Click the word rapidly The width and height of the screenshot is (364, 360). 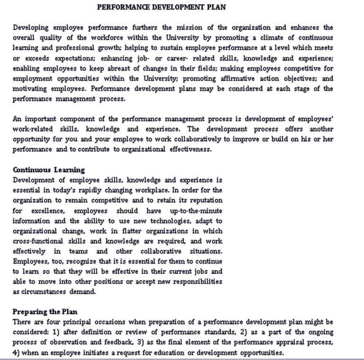pyautogui.click(x=108, y=190)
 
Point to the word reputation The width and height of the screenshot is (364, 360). pyautogui.click(x=202, y=200)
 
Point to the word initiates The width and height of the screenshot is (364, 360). pyautogui.click(x=108, y=352)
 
